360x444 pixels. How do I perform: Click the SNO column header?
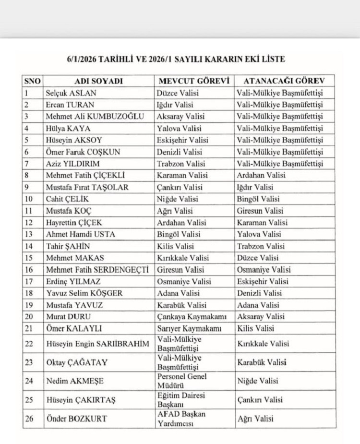32,81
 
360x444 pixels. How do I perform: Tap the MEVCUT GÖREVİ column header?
193,81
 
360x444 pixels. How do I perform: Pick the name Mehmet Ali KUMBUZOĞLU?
95,116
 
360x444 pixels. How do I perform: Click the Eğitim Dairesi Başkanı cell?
180,400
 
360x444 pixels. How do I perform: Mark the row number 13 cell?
30,234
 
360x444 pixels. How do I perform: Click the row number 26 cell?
30,419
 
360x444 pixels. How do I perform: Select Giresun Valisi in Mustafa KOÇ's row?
260,211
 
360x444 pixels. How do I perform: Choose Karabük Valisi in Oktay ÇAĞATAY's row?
262,362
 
